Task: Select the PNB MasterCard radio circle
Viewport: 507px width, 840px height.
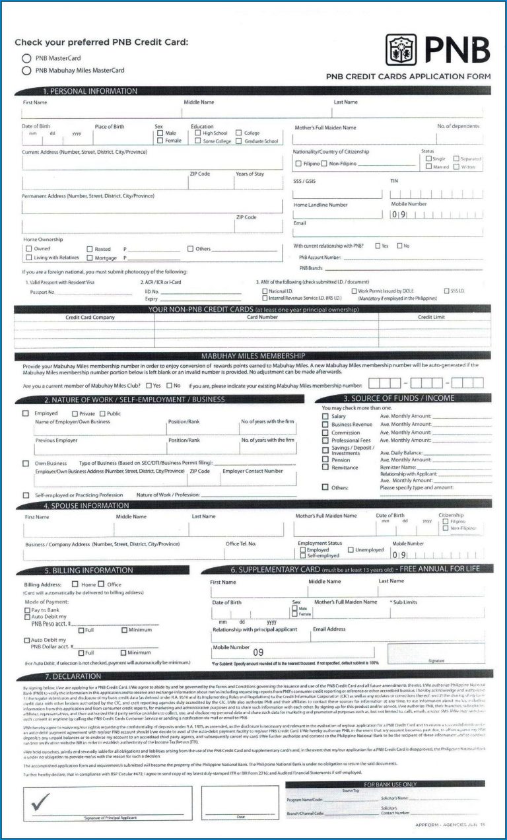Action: click(x=26, y=58)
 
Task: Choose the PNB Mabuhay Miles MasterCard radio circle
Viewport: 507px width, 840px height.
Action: click(x=26, y=70)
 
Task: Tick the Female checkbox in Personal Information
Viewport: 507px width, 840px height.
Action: click(x=160, y=141)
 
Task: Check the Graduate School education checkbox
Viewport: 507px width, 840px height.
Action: click(x=238, y=141)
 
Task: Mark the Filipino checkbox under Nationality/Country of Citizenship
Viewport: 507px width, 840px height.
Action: click(x=298, y=163)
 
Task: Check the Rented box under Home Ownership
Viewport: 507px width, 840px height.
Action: click(x=90, y=248)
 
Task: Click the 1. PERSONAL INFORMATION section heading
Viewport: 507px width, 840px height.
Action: click(x=90, y=91)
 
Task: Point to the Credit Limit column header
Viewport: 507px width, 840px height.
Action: click(x=432, y=317)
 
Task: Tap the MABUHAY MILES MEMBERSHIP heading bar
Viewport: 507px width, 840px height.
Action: click(x=253, y=356)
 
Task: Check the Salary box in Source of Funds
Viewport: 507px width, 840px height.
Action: click(x=325, y=416)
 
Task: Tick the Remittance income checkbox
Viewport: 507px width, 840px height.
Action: click(x=325, y=467)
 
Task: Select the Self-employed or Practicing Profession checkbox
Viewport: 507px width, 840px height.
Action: click(x=26, y=495)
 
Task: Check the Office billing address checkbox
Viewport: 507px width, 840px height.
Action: click(x=102, y=584)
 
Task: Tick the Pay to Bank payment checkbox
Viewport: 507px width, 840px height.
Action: click(x=27, y=610)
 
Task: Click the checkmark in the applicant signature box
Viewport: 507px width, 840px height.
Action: click(x=40, y=801)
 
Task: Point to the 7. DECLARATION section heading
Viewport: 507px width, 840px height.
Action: click(x=73, y=676)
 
